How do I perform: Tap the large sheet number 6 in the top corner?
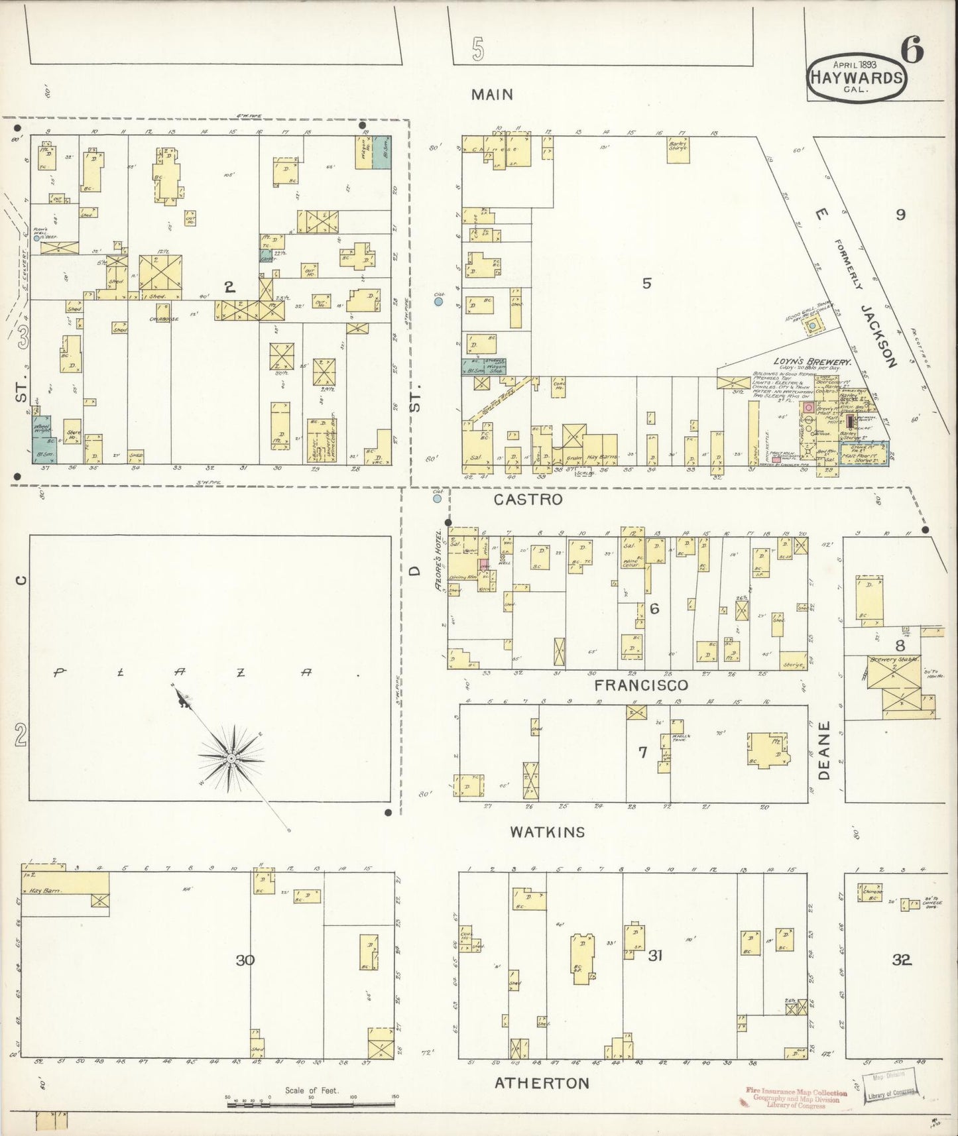pyautogui.click(x=913, y=51)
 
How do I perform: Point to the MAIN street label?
pyautogui.click(x=492, y=95)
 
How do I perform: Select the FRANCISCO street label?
pyautogui.click(x=641, y=685)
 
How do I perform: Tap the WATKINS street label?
pyautogui.click(x=548, y=832)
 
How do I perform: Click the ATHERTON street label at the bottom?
pyautogui.click(x=542, y=1083)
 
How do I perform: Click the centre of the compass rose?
pyautogui.click(x=230, y=758)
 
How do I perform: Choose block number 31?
pyautogui.click(x=655, y=955)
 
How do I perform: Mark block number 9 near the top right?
pyautogui.click(x=900, y=214)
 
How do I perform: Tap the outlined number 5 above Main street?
pyautogui.click(x=478, y=50)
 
